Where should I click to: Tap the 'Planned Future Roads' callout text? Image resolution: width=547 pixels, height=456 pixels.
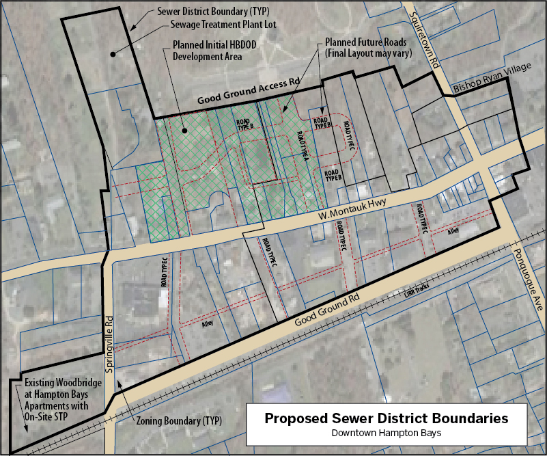tap(366, 42)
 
